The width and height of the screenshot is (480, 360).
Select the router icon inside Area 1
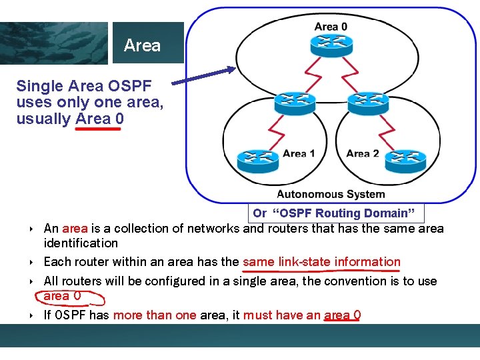[x=254, y=158]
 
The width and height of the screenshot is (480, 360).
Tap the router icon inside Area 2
[x=406, y=158]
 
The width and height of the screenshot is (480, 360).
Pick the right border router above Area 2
[x=367, y=102]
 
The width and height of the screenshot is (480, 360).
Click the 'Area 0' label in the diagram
[x=331, y=27]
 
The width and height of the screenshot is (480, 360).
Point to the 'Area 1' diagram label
[x=299, y=154]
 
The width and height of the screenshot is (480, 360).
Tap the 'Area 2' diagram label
[x=363, y=154]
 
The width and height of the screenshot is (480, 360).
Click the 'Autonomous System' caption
[x=331, y=195]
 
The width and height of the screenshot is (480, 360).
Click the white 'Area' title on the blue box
[x=142, y=45]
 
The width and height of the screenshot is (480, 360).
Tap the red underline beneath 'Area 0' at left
[x=97, y=129]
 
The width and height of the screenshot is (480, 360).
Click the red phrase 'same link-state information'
[x=321, y=262]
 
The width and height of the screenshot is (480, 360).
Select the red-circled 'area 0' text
[x=62, y=295]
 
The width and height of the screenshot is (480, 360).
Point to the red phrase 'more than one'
[x=155, y=315]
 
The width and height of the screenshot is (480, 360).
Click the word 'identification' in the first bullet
[x=81, y=243]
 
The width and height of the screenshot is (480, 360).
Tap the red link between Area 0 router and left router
[x=311, y=74]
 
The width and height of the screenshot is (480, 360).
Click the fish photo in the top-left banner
[x=53, y=43]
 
